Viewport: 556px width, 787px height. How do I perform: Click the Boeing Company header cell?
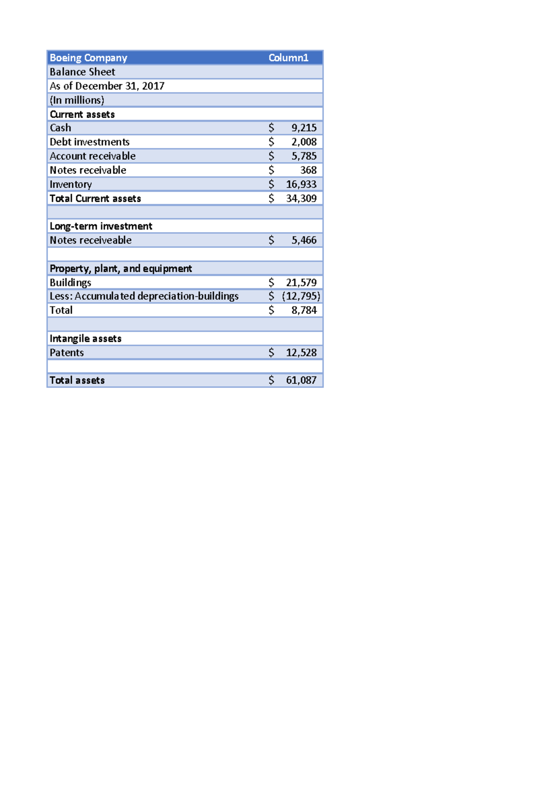(x=88, y=58)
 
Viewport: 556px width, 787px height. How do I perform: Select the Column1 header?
(x=288, y=58)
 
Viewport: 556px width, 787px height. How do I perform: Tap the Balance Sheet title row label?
(x=82, y=72)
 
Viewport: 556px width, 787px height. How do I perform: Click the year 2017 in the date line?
(x=153, y=86)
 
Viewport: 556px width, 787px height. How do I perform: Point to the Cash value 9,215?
(x=303, y=128)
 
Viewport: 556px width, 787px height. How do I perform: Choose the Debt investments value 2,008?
(x=303, y=142)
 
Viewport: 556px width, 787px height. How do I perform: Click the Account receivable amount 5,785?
(x=303, y=156)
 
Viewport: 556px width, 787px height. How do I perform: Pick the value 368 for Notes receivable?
(x=308, y=170)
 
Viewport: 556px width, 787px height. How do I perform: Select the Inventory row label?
(x=71, y=184)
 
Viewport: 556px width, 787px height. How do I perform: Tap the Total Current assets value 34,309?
(x=301, y=198)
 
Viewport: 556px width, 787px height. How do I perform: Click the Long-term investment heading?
(x=101, y=226)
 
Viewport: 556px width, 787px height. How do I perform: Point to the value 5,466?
(x=303, y=240)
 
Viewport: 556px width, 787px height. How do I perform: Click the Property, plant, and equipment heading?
(x=120, y=268)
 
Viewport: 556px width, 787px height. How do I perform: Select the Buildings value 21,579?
(x=301, y=282)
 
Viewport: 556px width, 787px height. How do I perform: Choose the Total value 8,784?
(x=303, y=310)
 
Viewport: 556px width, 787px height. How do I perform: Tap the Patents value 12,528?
(x=301, y=353)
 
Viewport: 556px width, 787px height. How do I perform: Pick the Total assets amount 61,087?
(x=301, y=381)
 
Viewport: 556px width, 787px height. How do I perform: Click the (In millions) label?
(x=77, y=100)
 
